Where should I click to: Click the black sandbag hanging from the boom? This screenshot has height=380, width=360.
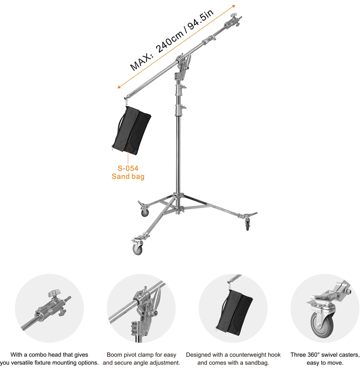point(131,131)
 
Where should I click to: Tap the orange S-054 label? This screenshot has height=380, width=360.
point(128,168)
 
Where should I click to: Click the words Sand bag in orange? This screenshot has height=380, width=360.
point(128,176)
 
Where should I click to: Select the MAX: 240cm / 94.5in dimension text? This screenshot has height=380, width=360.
point(172,40)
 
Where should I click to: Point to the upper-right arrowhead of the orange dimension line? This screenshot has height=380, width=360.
point(233,6)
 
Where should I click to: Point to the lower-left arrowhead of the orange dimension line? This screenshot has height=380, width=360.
point(119,86)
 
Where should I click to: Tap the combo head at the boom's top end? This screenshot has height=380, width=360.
point(233,21)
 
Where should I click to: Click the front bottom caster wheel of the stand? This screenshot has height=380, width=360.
point(137,249)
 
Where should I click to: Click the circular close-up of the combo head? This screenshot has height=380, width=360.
point(49,308)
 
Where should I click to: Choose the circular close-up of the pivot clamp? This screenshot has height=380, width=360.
point(141,308)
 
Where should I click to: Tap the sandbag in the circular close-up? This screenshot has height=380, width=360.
point(234,312)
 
